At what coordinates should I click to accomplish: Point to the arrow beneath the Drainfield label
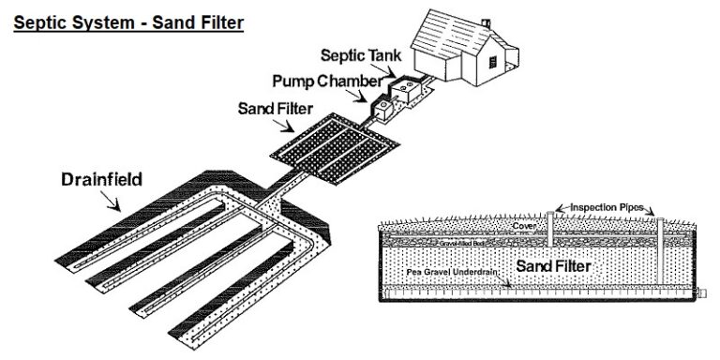pyautogui.click(x=111, y=200)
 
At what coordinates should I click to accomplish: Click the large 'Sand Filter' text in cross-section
pyautogui.click(x=553, y=267)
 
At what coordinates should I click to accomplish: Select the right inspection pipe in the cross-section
pyautogui.click(x=660, y=248)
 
